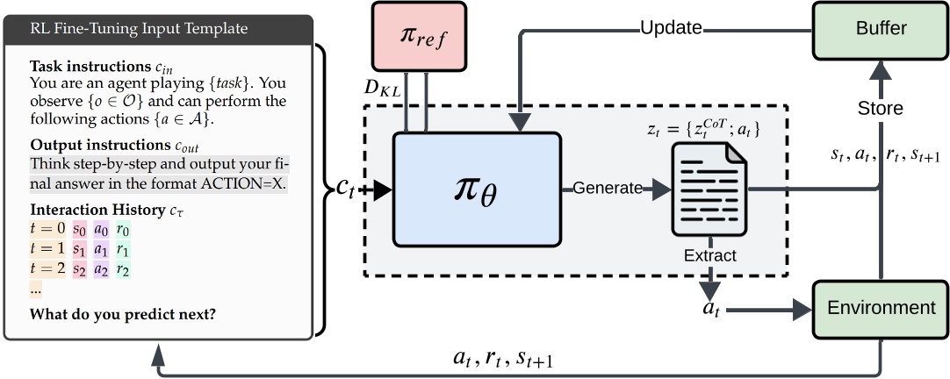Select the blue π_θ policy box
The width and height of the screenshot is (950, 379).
click(x=477, y=189)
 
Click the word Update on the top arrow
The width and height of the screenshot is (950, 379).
click(x=671, y=27)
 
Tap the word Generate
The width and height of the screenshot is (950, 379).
click(x=606, y=188)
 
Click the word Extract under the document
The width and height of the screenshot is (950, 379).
click(x=709, y=255)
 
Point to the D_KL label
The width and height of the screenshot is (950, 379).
click(x=383, y=88)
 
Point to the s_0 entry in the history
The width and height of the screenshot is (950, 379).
click(x=80, y=230)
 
